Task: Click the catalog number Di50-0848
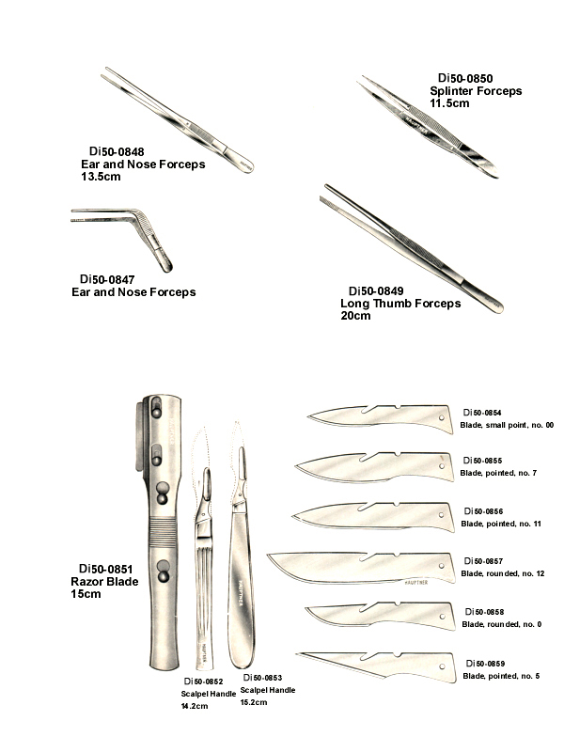pyautogui.click(x=117, y=152)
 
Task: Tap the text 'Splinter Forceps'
pyautogui.click(x=476, y=91)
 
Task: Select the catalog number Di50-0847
pyautogui.click(x=107, y=279)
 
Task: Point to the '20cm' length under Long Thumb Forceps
pyautogui.click(x=355, y=316)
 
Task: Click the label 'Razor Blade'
pyautogui.click(x=104, y=582)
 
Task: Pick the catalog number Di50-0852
pyautogui.click(x=203, y=681)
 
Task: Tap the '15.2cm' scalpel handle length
pyautogui.click(x=254, y=702)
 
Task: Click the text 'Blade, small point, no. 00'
pyautogui.click(x=507, y=425)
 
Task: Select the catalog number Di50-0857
pyautogui.click(x=483, y=561)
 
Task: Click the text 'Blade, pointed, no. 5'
pyautogui.click(x=501, y=676)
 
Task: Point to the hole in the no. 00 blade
pyautogui.click(x=441, y=417)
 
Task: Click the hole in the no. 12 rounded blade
pyautogui.click(x=442, y=566)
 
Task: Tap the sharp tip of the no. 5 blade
pyautogui.click(x=298, y=653)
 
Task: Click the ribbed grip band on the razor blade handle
pyautogui.click(x=163, y=532)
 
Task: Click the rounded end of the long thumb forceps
pyautogui.click(x=499, y=307)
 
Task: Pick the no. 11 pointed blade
pyautogui.click(x=373, y=517)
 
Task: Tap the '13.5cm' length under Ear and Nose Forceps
pyautogui.click(x=101, y=177)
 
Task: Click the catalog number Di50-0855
pyautogui.click(x=482, y=461)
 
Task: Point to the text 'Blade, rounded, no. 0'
pyautogui.click(x=502, y=624)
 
